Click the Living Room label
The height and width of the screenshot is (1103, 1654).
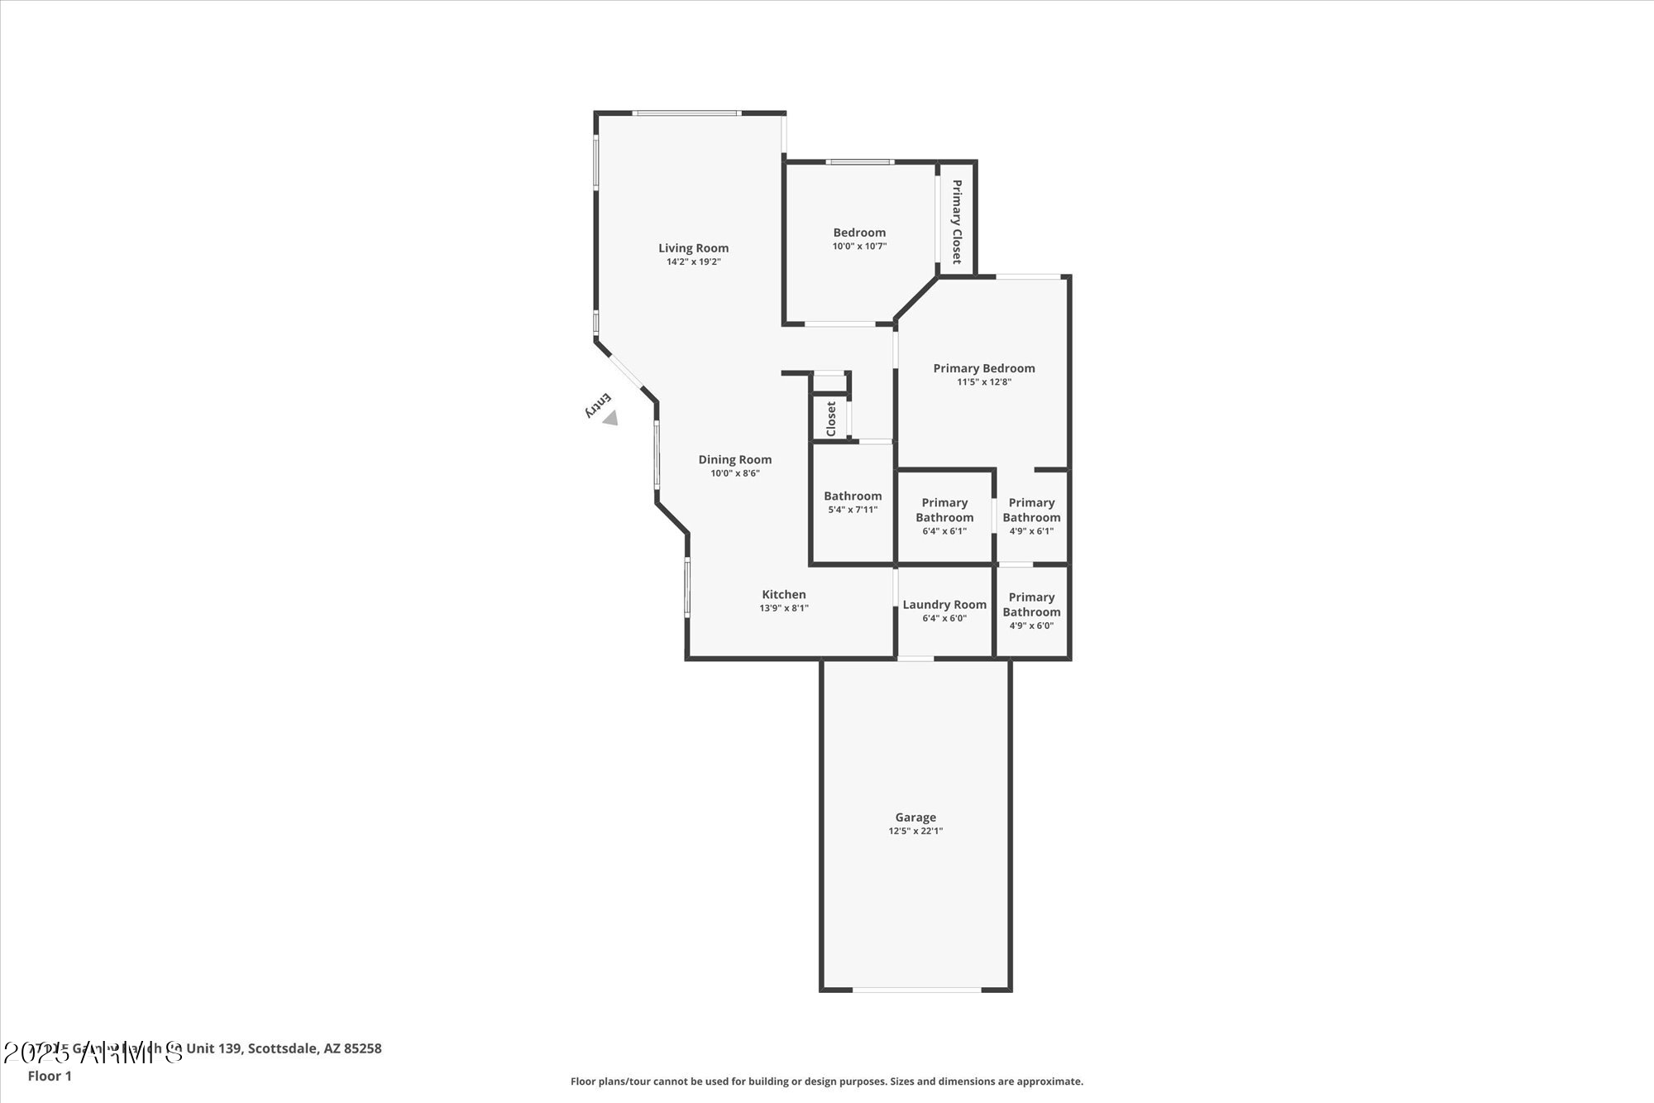click(693, 248)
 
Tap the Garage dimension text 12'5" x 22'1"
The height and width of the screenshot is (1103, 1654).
click(915, 831)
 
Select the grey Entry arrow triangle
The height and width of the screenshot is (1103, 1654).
click(610, 419)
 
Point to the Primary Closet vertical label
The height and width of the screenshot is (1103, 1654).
click(957, 222)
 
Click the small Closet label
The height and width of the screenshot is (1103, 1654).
click(831, 419)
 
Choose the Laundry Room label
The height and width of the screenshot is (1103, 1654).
click(944, 605)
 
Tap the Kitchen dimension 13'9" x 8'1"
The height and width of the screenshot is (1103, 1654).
click(784, 608)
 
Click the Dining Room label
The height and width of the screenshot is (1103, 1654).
click(734, 460)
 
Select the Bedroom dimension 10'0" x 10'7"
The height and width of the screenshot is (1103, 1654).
click(859, 247)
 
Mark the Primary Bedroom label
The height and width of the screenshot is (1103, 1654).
click(984, 368)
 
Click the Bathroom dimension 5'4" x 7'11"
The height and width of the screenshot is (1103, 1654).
click(853, 510)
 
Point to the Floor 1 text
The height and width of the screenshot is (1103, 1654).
click(50, 1076)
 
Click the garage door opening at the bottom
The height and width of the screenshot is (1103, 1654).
click(916, 990)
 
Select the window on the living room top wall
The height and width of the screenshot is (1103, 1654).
click(686, 113)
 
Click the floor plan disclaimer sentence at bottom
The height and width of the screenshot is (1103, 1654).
click(826, 1081)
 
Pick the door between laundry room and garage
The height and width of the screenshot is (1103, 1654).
click(915, 659)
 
